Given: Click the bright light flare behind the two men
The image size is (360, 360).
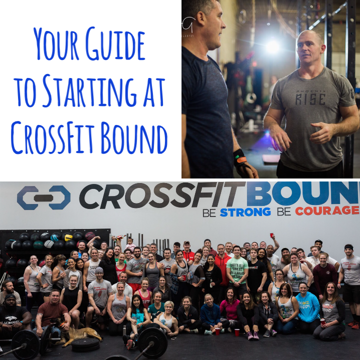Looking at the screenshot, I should pos(273,46).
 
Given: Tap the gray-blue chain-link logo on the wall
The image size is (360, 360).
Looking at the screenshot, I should pos(43,197).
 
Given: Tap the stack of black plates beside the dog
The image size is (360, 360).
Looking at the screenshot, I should pos(86,345).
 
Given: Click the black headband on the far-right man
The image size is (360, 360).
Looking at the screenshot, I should pos(348,247).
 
